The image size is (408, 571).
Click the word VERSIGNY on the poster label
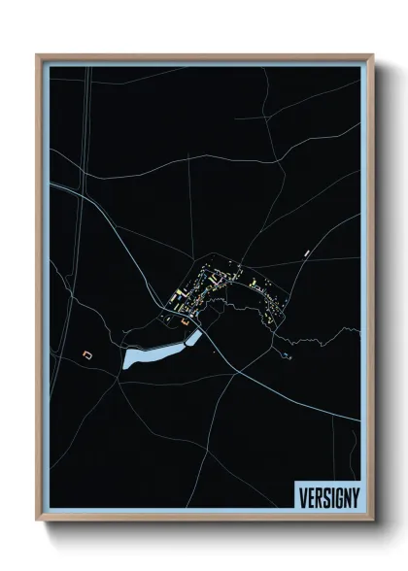tap(326, 494)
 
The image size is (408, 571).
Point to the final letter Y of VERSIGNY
tap(355, 494)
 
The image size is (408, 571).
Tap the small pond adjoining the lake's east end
tap(194, 337)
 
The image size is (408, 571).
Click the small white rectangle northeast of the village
tap(307, 253)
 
